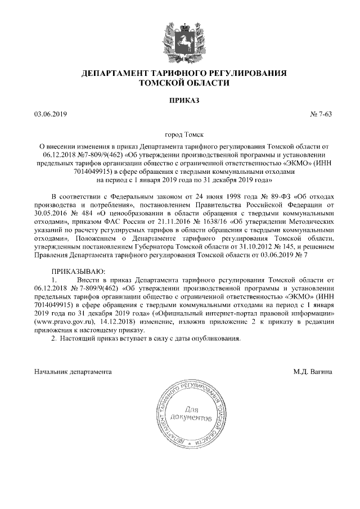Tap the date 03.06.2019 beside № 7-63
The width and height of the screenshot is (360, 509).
point(50,114)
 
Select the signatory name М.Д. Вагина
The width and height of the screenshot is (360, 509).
point(313,372)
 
